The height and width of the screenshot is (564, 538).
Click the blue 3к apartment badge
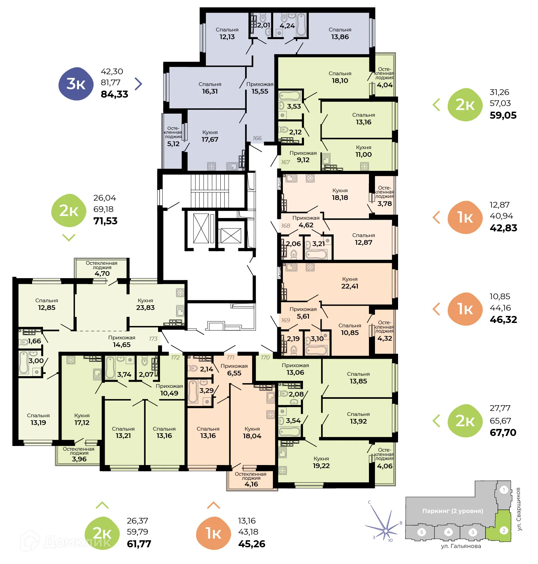coord(76,84)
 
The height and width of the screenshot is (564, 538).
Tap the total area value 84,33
coord(114,94)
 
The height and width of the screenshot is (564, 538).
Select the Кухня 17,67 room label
coord(210,136)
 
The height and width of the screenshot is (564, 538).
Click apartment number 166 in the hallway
coord(257,138)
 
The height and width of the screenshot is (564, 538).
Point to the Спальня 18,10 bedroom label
coord(340,77)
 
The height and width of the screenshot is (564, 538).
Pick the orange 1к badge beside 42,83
coord(465,217)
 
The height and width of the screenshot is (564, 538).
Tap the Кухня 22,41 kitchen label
coord(350,283)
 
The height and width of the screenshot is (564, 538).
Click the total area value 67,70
coord(503,433)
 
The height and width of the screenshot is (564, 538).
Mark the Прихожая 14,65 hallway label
coord(122,341)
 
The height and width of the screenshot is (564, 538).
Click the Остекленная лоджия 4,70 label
coord(102,268)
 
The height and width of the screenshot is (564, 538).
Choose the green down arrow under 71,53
coord(69,237)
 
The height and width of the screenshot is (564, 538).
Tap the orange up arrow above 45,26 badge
coord(214,505)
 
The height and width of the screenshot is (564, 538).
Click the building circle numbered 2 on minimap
coord(504,530)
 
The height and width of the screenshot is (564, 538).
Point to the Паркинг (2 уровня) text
coord(453,511)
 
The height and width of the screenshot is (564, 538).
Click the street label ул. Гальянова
coord(461,546)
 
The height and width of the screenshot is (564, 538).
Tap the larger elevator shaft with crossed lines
coord(201,228)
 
